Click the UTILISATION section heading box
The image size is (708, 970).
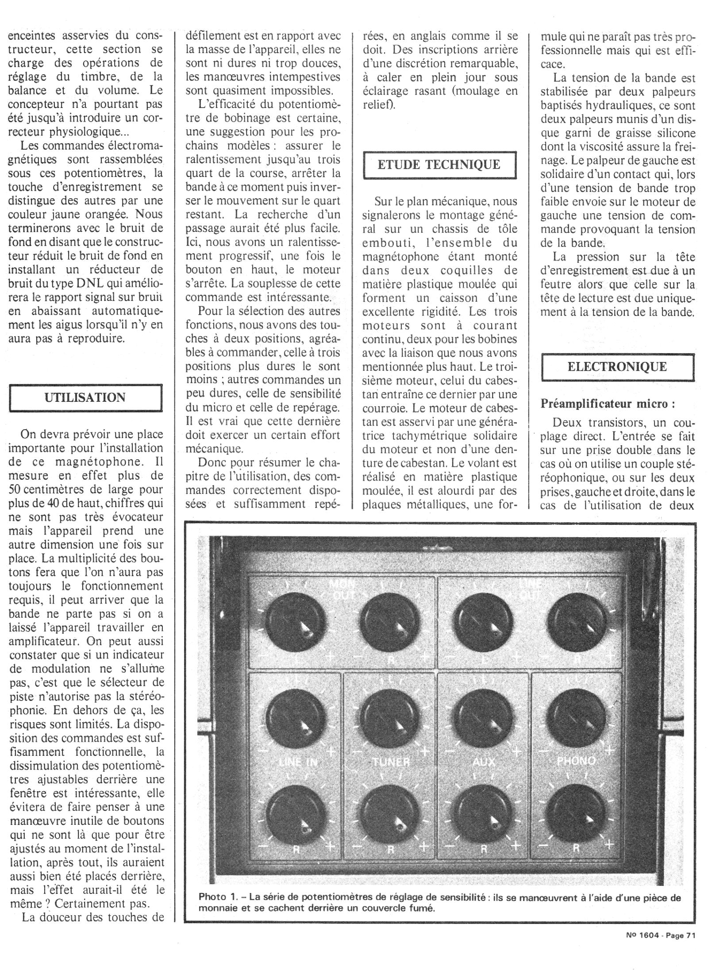[85, 397]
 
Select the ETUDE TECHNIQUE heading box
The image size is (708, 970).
[439, 165]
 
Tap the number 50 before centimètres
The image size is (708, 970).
[16, 490]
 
